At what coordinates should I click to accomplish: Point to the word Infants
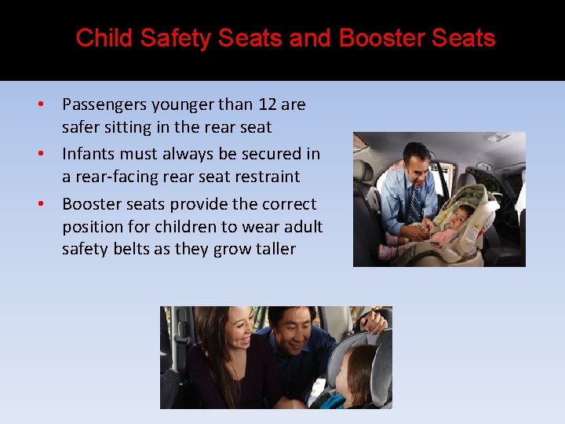tap(89, 154)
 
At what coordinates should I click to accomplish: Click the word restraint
tap(264, 177)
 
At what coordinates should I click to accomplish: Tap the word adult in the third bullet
tap(302, 227)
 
